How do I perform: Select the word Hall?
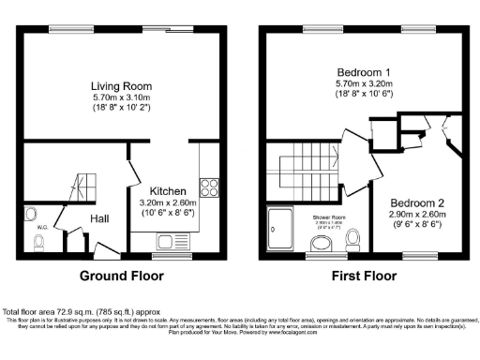point(100,218)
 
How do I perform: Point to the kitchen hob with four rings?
point(207,187)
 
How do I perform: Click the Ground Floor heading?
point(122,277)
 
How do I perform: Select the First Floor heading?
point(361,277)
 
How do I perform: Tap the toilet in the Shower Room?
point(322,244)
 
